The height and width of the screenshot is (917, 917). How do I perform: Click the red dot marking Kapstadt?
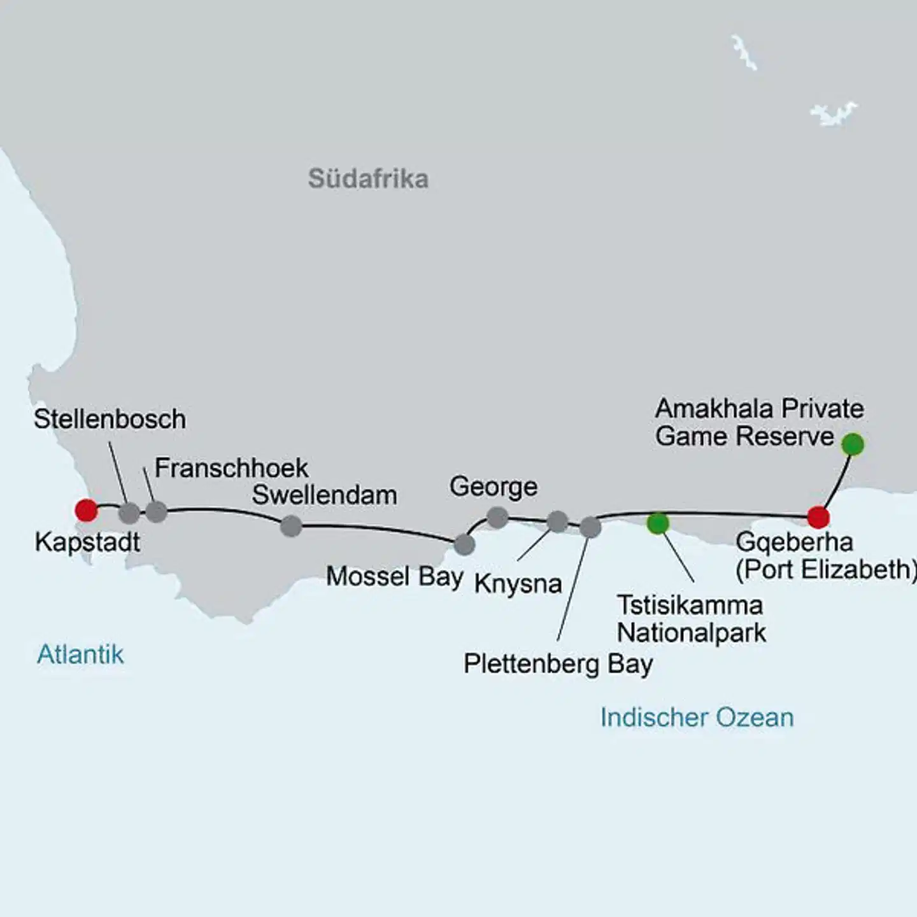pos(86,510)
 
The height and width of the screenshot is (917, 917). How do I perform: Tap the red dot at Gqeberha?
pos(818,517)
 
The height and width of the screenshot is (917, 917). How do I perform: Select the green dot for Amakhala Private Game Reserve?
pos(852,444)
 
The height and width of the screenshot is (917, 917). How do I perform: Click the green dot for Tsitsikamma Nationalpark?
pos(657,523)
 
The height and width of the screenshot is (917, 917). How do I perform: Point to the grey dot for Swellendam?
pos(291,526)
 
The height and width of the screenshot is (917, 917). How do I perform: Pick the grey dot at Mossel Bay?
pos(464,544)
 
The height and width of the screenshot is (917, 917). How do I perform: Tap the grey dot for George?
pos(497,517)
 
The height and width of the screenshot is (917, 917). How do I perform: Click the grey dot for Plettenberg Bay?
pos(590,527)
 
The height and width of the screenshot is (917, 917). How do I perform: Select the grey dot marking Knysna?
pos(557,522)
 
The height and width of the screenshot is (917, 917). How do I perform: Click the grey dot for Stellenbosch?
pos(129,513)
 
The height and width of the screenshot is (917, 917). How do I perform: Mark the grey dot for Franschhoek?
pos(157,511)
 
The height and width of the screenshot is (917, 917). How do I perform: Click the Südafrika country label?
pos(368,179)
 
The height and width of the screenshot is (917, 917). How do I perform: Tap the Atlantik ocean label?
pos(80,655)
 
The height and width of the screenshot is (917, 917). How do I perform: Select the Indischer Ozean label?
pos(697,718)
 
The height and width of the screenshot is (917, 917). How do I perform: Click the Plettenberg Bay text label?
pos(558,664)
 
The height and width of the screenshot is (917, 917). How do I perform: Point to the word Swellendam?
pos(324,495)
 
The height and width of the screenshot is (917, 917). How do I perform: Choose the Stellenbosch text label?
pos(110,419)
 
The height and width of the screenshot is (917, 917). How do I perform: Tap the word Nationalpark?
pos(692,633)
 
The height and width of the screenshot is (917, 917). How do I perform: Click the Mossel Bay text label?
pos(394,577)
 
